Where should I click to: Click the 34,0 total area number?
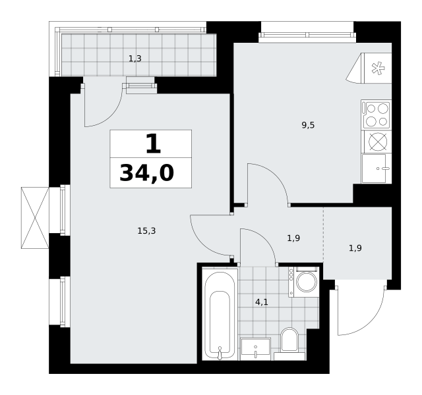147,173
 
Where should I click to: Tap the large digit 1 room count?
153,144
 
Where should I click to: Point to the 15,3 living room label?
146,231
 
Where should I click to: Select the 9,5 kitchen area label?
308,125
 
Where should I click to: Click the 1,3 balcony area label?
135,59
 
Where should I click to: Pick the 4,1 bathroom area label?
262,302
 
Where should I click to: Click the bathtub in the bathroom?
220,315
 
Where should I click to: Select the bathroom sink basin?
255,349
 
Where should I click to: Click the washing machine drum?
307,282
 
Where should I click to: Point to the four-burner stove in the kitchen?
377,115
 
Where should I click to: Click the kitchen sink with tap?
377,169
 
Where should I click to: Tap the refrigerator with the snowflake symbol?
377,68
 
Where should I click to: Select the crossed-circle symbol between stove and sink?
378,142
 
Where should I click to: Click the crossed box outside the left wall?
35,218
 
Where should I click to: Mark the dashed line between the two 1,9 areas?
323,236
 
